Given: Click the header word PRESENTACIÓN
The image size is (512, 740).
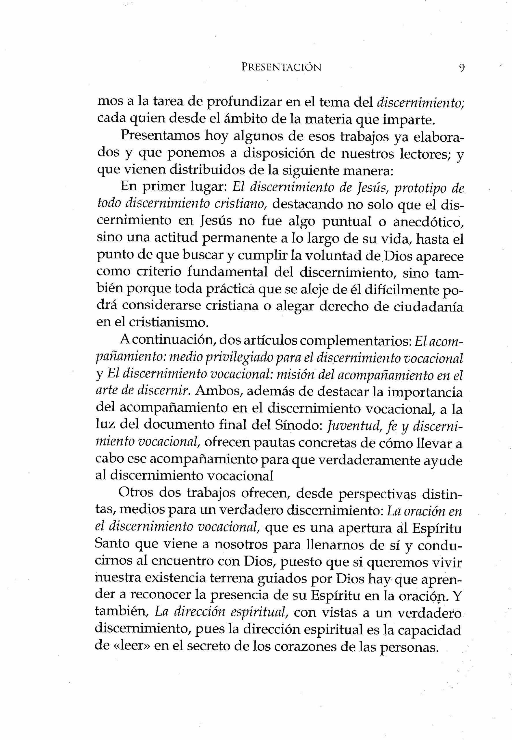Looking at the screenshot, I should pyautogui.click(x=281, y=67).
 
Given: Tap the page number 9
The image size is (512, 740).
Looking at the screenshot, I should pyautogui.click(x=462, y=68).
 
